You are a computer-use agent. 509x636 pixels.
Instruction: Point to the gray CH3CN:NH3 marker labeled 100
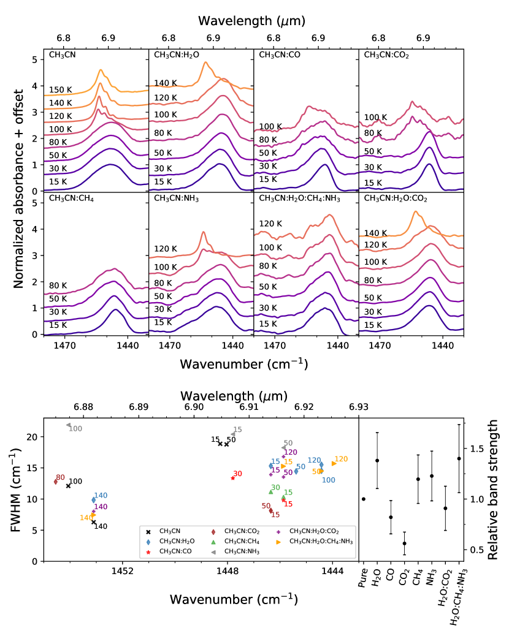tap(68, 425)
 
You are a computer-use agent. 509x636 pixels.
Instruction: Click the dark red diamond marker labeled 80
tap(56, 482)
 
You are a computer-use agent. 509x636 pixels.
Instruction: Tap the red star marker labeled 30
tap(232, 478)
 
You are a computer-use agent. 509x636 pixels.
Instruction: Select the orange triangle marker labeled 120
tap(334, 463)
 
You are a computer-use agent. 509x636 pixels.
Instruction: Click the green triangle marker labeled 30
tap(270, 491)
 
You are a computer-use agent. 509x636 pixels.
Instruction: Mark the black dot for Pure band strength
tap(364, 499)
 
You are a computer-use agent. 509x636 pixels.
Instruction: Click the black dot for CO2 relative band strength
tap(404, 543)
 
